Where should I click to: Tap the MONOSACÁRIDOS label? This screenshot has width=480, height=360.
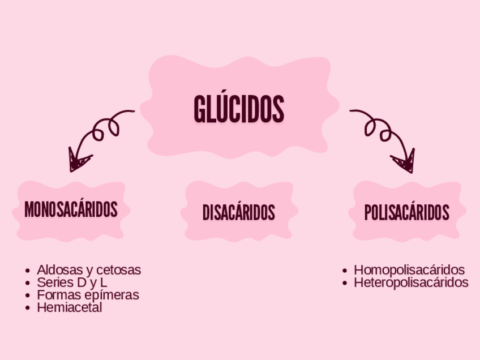71,209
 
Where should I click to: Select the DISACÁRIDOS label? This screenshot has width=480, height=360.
238,213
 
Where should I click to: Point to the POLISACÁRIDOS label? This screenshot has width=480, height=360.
407,213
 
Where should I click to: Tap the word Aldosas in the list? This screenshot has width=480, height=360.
55,270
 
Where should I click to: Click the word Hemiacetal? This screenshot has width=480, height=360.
69,308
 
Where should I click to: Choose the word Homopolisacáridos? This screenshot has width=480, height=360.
409,270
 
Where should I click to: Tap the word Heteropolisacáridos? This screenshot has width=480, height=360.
411,282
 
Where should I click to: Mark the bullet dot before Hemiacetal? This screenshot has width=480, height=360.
28,308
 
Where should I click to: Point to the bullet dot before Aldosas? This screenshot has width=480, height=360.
28,271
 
